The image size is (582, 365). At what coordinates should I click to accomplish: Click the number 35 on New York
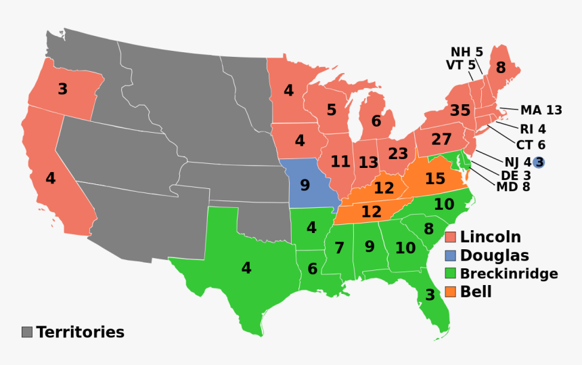point(460,110)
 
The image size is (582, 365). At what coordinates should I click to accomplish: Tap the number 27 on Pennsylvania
point(441,139)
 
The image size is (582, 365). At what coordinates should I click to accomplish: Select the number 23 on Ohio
point(398,154)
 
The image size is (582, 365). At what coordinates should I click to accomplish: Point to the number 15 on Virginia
point(435,179)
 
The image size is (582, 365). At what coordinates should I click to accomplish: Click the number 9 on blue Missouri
point(305,184)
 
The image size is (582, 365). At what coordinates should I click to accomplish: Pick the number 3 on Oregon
point(62,89)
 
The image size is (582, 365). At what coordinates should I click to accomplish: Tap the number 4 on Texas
point(246,267)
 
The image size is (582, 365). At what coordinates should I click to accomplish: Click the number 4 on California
point(51,179)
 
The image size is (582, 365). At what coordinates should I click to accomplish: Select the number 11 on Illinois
point(340,162)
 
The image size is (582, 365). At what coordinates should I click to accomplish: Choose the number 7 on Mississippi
point(339,248)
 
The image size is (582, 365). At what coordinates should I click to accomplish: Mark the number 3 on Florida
point(430,295)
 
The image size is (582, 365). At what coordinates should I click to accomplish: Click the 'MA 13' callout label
point(541,110)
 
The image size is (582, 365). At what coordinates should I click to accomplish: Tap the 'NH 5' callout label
point(467,51)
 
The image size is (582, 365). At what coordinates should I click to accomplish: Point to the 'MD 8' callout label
point(513,187)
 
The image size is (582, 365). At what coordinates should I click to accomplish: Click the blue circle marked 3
point(539,162)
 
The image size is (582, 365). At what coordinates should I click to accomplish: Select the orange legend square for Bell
point(451,292)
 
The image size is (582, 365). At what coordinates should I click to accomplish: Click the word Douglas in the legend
point(495,255)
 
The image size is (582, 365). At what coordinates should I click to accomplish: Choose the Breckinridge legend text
point(509,274)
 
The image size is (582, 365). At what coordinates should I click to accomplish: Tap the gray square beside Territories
point(27,332)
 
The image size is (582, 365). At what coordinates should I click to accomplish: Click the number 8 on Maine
point(500,68)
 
